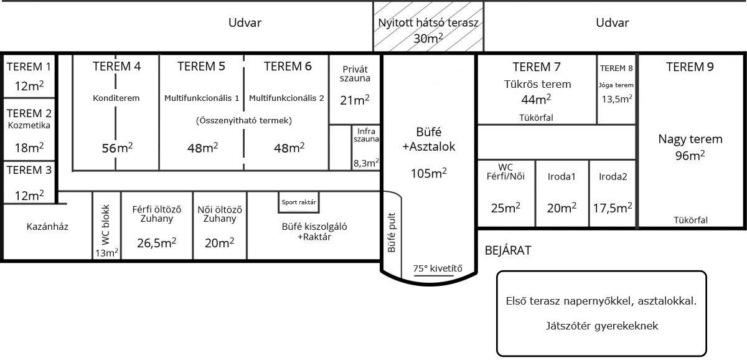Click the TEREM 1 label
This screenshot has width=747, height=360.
[x=29, y=67]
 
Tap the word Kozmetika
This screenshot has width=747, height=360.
[x=29, y=125]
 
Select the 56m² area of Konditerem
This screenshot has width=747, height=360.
[x=118, y=148]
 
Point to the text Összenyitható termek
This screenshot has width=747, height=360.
[x=244, y=120]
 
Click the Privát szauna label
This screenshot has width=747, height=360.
[x=355, y=73]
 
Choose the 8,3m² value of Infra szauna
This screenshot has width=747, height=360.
[x=366, y=163]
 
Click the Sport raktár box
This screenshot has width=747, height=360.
[x=299, y=202]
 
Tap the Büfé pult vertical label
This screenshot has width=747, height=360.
[x=392, y=232]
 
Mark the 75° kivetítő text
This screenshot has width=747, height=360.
[x=438, y=268]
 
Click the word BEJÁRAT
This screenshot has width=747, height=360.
[x=508, y=250]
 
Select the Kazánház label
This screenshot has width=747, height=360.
[x=47, y=227]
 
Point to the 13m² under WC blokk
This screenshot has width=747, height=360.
[x=106, y=253]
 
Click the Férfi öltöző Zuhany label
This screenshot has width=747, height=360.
[x=157, y=214]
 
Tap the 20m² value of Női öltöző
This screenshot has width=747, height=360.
[x=219, y=242]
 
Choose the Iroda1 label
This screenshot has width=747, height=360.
[x=561, y=176]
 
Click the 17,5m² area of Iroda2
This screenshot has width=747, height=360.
[x=613, y=208]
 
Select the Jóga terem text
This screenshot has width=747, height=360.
[x=616, y=85]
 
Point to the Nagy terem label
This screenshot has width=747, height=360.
[x=690, y=139]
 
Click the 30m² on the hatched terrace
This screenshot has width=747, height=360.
[x=428, y=39]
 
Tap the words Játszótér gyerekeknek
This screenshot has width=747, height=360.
[x=602, y=326]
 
